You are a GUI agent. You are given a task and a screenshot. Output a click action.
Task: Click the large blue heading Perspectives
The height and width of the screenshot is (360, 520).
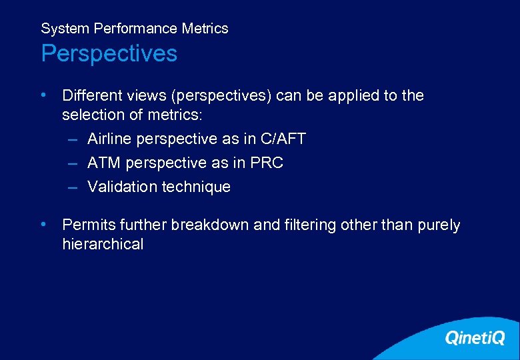pos(109,53)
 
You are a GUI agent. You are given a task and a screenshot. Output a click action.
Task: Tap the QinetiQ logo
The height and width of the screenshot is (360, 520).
pos(475,339)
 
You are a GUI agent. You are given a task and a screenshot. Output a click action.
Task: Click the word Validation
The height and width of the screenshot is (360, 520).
pos(122,187)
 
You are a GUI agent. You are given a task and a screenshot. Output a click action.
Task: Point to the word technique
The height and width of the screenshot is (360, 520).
pos(196,187)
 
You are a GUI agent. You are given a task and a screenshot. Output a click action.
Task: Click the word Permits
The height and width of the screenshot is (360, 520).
pos(87,225)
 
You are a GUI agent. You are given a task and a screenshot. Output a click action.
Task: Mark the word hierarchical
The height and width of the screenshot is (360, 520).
pos(103,245)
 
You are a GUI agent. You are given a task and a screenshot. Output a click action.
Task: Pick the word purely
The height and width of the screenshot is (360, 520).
pos(439,225)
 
